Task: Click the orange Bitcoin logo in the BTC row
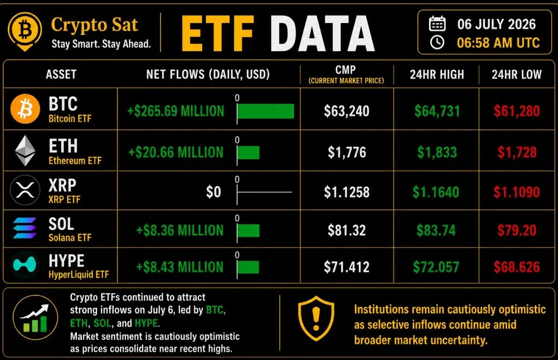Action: click(x=25, y=109)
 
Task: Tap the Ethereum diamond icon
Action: click(x=25, y=151)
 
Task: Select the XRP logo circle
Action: click(x=25, y=190)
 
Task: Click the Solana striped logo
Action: click(x=25, y=228)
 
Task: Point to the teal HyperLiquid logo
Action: click(x=25, y=265)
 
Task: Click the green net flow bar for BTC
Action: click(x=265, y=111)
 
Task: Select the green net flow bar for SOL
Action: click(x=249, y=231)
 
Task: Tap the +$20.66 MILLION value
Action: click(x=176, y=153)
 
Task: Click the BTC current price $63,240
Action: click(x=347, y=111)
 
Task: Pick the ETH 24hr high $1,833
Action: click(x=437, y=153)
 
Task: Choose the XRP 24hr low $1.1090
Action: click(x=517, y=192)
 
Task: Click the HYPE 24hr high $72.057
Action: click(x=436, y=267)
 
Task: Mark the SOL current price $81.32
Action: click(x=347, y=231)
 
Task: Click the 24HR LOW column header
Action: click(x=517, y=74)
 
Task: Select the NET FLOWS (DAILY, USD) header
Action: click(x=208, y=74)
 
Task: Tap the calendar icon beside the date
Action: click(x=437, y=24)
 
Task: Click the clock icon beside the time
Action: click(x=437, y=42)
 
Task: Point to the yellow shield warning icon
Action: click(x=316, y=319)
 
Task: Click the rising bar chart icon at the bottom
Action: click(x=35, y=318)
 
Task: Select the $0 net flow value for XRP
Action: click(x=214, y=192)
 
